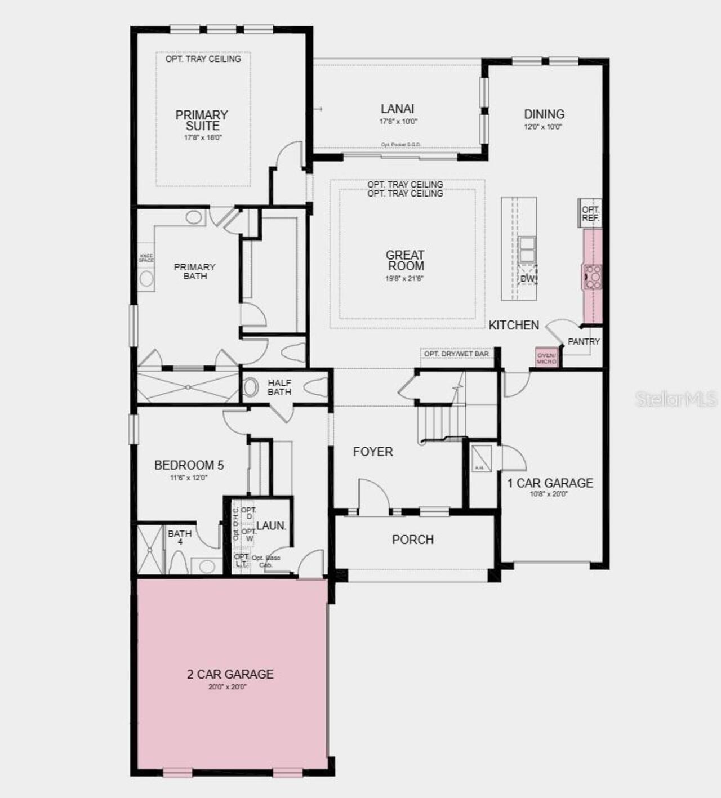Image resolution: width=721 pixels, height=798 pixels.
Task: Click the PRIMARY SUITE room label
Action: (x=202, y=121)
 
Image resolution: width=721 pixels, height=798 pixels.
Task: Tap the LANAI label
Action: (x=398, y=109)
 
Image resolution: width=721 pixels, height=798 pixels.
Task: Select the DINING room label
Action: (x=544, y=114)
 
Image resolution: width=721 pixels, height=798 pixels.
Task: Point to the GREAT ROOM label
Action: (x=405, y=261)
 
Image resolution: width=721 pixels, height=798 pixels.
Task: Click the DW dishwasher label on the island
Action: (x=527, y=279)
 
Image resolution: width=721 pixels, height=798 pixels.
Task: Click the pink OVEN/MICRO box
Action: (x=546, y=358)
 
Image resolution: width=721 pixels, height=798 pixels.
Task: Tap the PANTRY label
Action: (x=584, y=341)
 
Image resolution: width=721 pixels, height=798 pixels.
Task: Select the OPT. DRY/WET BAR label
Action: (x=456, y=354)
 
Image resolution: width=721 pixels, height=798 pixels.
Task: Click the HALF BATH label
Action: (x=279, y=387)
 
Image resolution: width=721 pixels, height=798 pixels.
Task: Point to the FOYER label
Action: (x=373, y=452)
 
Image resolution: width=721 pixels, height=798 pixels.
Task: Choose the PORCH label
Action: (x=413, y=540)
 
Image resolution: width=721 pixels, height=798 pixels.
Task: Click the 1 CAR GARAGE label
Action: (x=550, y=483)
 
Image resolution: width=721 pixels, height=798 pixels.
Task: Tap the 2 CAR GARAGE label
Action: (x=230, y=674)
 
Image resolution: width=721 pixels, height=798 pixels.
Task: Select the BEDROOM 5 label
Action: (x=189, y=465)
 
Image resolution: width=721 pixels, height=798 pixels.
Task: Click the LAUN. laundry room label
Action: (x=272, y=526)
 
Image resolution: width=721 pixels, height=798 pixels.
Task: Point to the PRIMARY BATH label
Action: (x=195, y=271)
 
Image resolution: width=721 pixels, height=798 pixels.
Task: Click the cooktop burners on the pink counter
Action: (x=593, y=277)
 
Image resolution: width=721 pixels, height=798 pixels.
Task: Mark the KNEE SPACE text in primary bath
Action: (x=146, y=258)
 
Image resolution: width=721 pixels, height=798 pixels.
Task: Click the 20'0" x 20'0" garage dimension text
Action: (x=228, y=687)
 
